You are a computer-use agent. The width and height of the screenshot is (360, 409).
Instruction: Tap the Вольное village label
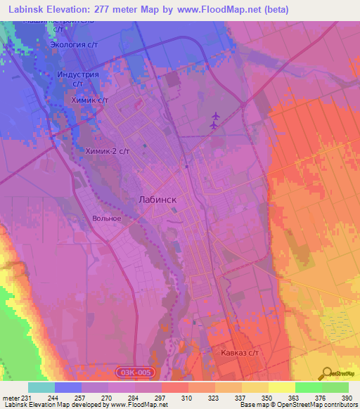coord(107,219)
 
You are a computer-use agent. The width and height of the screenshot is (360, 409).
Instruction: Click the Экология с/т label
coord(74,45)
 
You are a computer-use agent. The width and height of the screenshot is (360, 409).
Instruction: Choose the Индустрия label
coord(78,74)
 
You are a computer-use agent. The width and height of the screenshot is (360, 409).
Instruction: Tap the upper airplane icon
coord(215,115)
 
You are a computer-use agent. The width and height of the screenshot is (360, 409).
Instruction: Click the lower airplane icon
coord(214,126)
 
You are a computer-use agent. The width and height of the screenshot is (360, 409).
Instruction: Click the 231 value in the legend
coord(27,398)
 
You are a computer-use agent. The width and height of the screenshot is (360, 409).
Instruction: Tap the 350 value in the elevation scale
coord(265,398)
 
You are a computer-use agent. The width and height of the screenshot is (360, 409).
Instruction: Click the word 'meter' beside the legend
coord(9,398)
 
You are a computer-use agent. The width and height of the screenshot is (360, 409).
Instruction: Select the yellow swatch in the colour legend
coord(282,387)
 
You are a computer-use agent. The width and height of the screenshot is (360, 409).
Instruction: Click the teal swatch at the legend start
coord(41,387)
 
